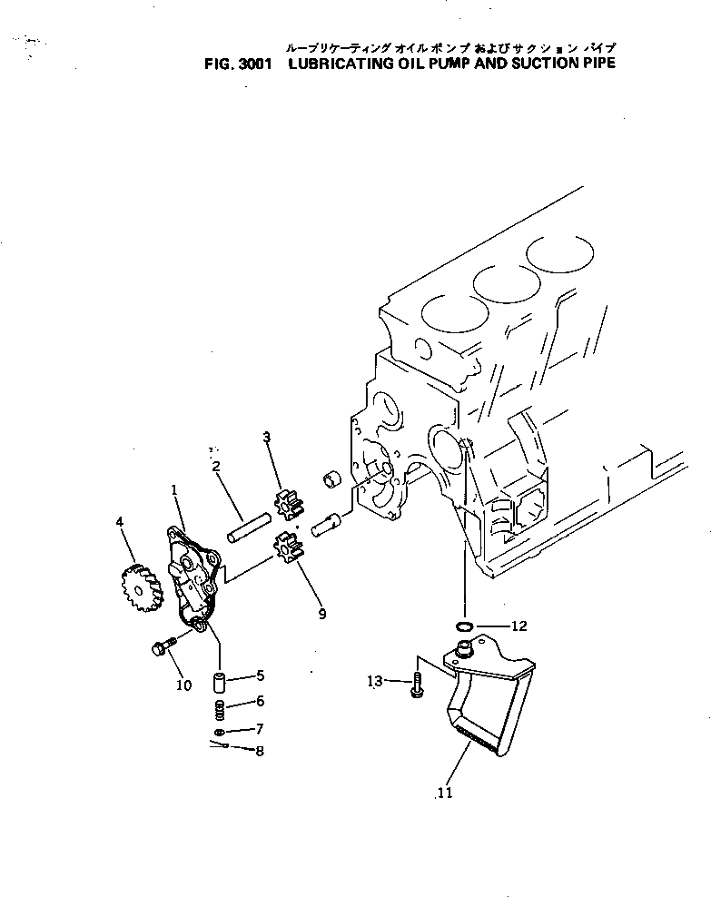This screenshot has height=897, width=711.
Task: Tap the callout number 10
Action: (x=183, y=685)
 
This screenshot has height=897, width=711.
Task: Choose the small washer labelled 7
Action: (x=220, y=732)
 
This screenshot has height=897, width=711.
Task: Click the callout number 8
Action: (x=260, y=752)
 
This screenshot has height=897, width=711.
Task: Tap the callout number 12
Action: (x=518, y=626)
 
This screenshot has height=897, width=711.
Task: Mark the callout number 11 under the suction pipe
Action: (x=443, y=793)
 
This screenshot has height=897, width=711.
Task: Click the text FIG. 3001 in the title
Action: (x=233, y=64)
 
